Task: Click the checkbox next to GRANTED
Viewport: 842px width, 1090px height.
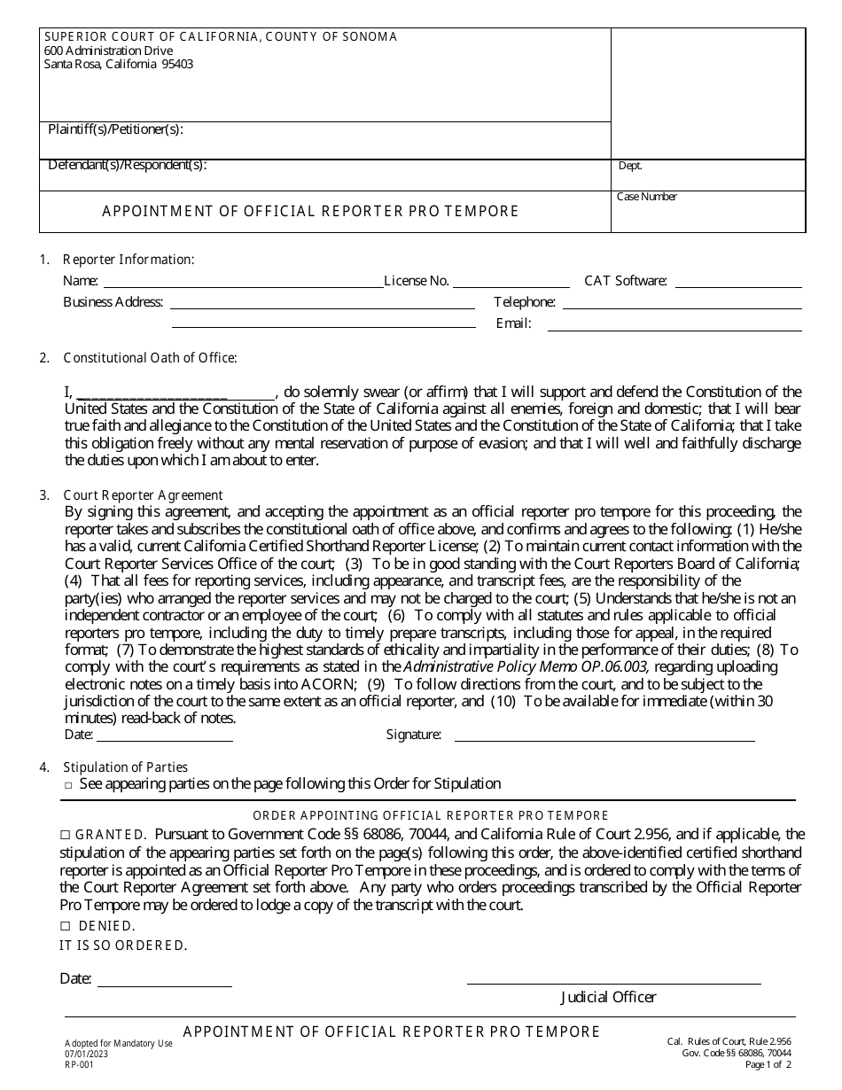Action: click(x=65, y=835)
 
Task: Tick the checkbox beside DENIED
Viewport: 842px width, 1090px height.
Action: click(x=65, y=926)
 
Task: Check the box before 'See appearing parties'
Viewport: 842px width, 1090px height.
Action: click(x=68, y=785)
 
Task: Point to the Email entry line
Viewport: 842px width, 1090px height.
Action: click(x=674, y=326)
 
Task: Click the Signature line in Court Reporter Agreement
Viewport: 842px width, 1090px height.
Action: click(x=604, y=736)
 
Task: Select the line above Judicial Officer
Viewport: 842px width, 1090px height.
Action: click(x=613, y=980)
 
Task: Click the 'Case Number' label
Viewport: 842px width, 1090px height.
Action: click(x=647, y=197)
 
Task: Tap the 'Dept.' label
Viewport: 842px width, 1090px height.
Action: click(x=630, y=166)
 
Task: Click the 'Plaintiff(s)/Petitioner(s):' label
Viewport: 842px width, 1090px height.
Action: click(x=115, y=129)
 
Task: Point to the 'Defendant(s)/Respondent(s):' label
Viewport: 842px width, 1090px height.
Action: click(x=127, y=165)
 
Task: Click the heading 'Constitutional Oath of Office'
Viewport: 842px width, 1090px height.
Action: click(x=150, y=358)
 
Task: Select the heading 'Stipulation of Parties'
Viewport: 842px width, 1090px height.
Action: click(x=125, y=767)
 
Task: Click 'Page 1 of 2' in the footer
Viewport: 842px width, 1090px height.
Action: click(x=768, y=1064)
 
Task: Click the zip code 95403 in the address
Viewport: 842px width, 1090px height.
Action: click(x=177, y=65)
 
